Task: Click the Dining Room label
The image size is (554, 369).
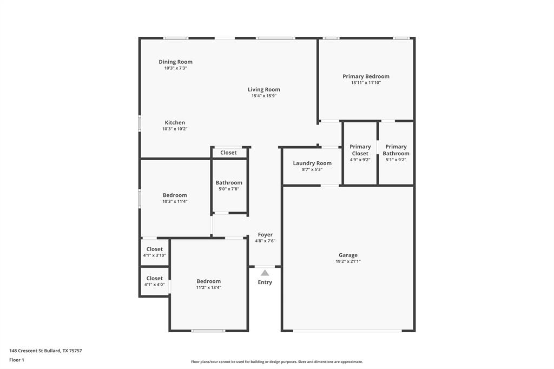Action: point(175,62)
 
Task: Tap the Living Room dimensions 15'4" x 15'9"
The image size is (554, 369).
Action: point(264,96)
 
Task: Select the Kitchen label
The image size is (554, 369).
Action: point(175,123)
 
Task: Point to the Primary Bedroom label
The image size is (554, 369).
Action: point(366,76)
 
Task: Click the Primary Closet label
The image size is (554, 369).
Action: point(360,150)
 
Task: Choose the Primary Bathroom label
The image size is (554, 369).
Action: point(395,150)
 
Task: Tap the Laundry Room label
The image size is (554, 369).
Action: point(312,163)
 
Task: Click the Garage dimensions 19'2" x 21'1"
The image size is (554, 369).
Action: point(348,261)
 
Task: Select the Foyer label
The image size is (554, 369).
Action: point(265,235)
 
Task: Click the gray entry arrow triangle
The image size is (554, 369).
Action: point(265,273)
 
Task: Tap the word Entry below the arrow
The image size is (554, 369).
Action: point(265,282)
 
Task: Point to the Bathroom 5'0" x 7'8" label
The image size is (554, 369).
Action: point(229,183)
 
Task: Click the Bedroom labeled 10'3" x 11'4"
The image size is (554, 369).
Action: point(175,195)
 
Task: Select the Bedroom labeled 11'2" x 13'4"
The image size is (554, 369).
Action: point(208,281)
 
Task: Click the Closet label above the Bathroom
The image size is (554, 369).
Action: point(228,153)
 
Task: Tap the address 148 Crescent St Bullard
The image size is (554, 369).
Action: point(45,351)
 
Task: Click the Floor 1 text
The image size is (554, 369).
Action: point(17,360)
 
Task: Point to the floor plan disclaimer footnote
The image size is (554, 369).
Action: point(276,362)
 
